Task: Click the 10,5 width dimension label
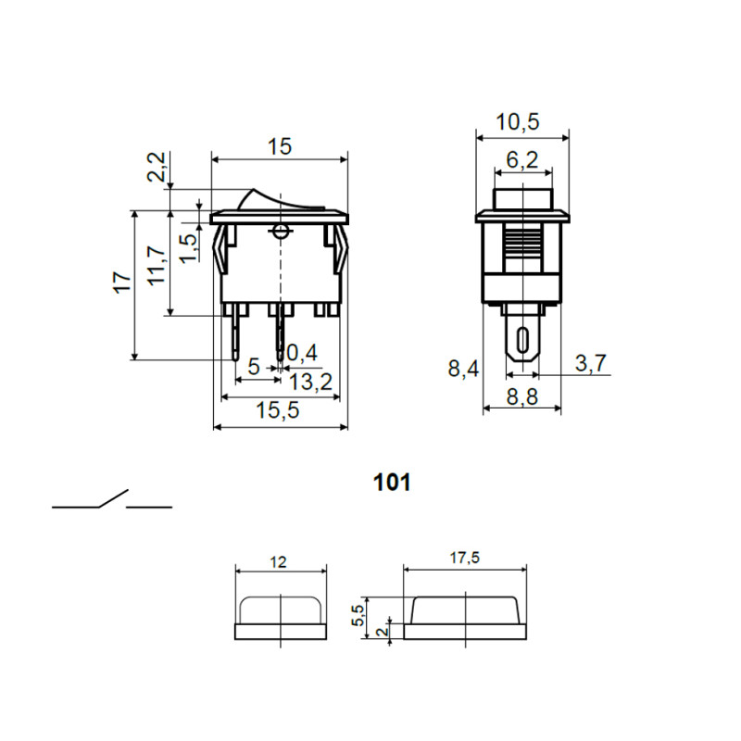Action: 517,122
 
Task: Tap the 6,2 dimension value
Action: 522,160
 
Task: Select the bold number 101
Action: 392,483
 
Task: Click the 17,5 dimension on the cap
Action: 465,559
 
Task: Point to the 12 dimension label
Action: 279,562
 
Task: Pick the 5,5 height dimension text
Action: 358,616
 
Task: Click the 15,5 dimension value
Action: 278,410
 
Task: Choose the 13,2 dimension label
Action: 310,382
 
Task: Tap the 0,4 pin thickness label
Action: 302,353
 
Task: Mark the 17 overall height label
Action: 122,283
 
